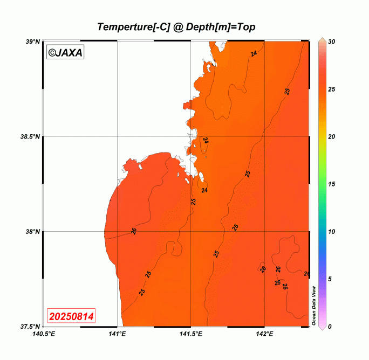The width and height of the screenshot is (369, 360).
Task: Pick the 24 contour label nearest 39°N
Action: pos(254,54)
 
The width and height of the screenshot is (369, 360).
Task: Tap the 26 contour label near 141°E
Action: pos(133,231)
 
